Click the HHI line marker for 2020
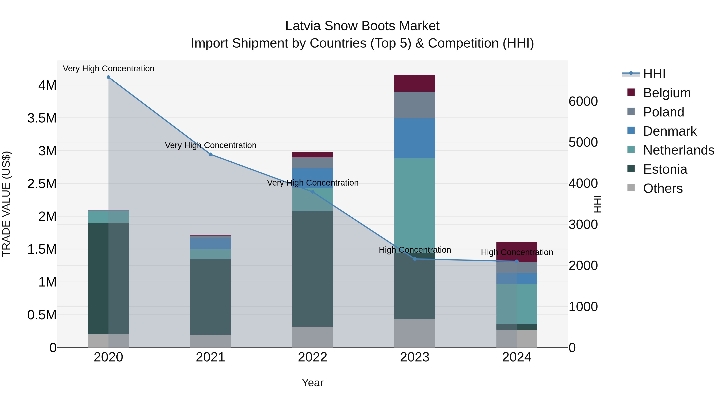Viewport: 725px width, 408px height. (108, 77)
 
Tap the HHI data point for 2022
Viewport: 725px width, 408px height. (312, 192)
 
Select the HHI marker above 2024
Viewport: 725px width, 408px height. (517, 261)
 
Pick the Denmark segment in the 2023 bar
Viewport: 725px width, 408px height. (415, 138)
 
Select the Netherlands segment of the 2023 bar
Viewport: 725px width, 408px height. (415, 203)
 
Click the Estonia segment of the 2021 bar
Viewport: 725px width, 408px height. (210, 297)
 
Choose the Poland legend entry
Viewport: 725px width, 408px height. (663, 112)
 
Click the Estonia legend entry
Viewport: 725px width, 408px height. (665, 169)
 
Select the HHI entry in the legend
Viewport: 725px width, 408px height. (654, 74)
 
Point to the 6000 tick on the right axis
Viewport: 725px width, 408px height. (583, 101)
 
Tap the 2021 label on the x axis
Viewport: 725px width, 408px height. (210, 357)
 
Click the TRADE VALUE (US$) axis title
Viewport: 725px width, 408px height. (6, 204)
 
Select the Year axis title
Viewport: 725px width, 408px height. (312, 383)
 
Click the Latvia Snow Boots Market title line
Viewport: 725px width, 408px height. (362, 26)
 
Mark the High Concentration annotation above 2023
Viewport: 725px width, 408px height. (415, 250)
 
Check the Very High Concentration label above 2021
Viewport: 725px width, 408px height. (210, 145)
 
